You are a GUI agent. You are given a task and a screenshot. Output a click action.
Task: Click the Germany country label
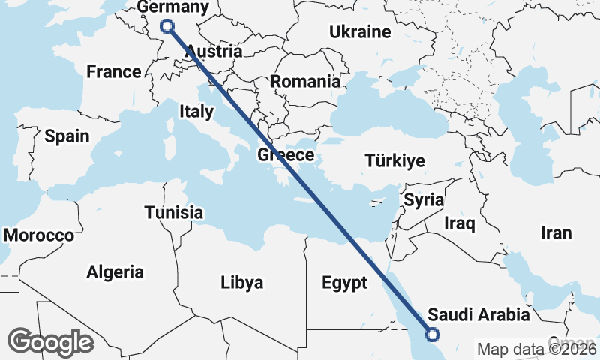[173, 7]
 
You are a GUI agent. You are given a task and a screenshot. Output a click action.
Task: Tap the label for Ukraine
[360, 32]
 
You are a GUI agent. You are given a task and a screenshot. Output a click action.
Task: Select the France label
[113, 72]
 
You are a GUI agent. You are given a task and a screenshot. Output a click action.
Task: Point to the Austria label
[214, 52]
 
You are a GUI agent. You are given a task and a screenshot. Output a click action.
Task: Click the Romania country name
[305, 81]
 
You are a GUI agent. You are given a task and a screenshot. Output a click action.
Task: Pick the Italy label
[196, 111]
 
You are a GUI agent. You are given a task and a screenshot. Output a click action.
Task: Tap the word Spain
[67, 136]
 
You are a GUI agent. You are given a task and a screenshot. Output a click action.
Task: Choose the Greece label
[285, 155]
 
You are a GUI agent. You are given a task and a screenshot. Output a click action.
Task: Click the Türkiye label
[394, 160]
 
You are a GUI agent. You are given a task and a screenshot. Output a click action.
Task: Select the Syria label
[424, 200]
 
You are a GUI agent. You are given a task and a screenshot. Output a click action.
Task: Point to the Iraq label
[460, 223]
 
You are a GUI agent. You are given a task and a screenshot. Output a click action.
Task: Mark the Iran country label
[556, 233]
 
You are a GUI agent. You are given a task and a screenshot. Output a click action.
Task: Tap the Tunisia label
[174, 212]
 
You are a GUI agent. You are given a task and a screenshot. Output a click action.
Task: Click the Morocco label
[39, 235]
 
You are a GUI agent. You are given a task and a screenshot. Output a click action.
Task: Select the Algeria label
[115, 271]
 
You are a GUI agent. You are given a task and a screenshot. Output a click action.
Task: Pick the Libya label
[242, 283]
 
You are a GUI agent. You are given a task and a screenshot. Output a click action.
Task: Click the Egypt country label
[344, 283]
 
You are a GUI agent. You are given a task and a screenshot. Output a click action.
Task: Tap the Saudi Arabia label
[478, 313]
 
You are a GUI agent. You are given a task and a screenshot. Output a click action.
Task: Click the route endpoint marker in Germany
[168, 26]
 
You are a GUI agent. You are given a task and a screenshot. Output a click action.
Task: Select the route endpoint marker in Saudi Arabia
[433, 335]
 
